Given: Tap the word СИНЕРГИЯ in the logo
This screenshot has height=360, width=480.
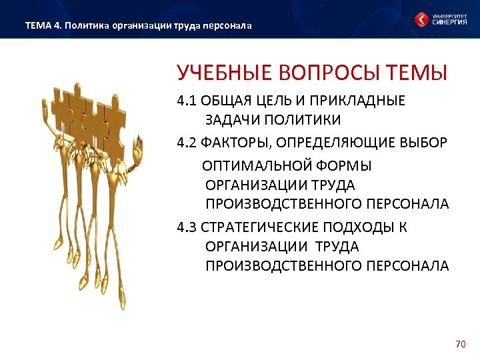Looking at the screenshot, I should [451, 22].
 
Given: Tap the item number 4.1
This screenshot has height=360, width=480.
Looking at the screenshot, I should [185, 101].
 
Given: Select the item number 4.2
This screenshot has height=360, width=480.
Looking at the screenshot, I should [185, 141].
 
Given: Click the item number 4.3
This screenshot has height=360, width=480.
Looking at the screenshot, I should [185, 227].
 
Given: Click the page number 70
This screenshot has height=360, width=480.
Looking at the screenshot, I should [459, 344].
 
